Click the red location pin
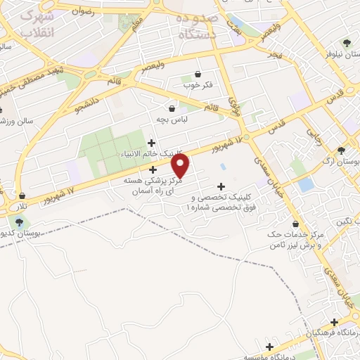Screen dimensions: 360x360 click(x=181, y=166)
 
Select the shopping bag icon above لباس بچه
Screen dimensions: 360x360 click(x=172, y=108)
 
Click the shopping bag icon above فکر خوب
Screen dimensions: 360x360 click(x=198, y=75)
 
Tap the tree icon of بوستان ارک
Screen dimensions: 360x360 click(x=342, y=150)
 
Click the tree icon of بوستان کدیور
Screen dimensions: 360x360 click(x=19, y=223)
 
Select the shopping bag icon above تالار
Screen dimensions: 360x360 click(x=22, y=196)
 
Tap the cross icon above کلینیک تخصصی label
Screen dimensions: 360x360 click(x=221, y=186)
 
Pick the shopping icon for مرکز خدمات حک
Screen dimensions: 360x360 click(x=295, y=224)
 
